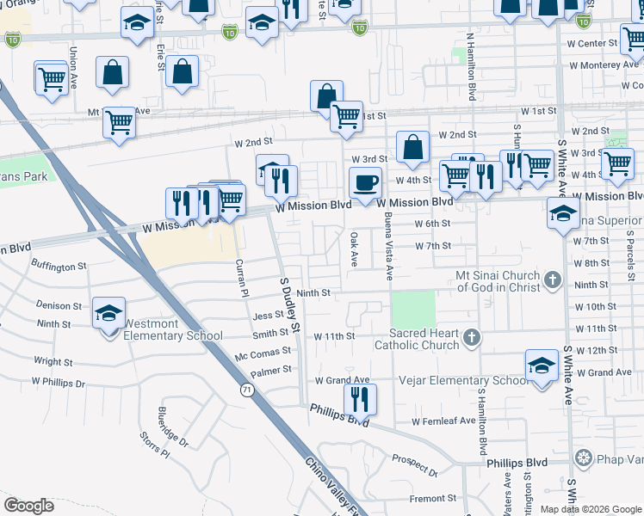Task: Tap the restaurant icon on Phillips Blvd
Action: coord(360,400)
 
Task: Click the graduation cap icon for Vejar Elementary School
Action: coord(542,365)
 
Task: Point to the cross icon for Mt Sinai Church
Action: coord(552,279)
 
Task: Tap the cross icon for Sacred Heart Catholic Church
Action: coord(471,337)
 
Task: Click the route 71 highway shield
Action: coord(246,390)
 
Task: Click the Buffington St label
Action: coord(59,267)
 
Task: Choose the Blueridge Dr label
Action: coord(173,427)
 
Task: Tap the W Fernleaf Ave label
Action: coord(443,421)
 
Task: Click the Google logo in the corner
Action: coord(28,505)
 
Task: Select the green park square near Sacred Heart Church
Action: coord(413,309)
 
